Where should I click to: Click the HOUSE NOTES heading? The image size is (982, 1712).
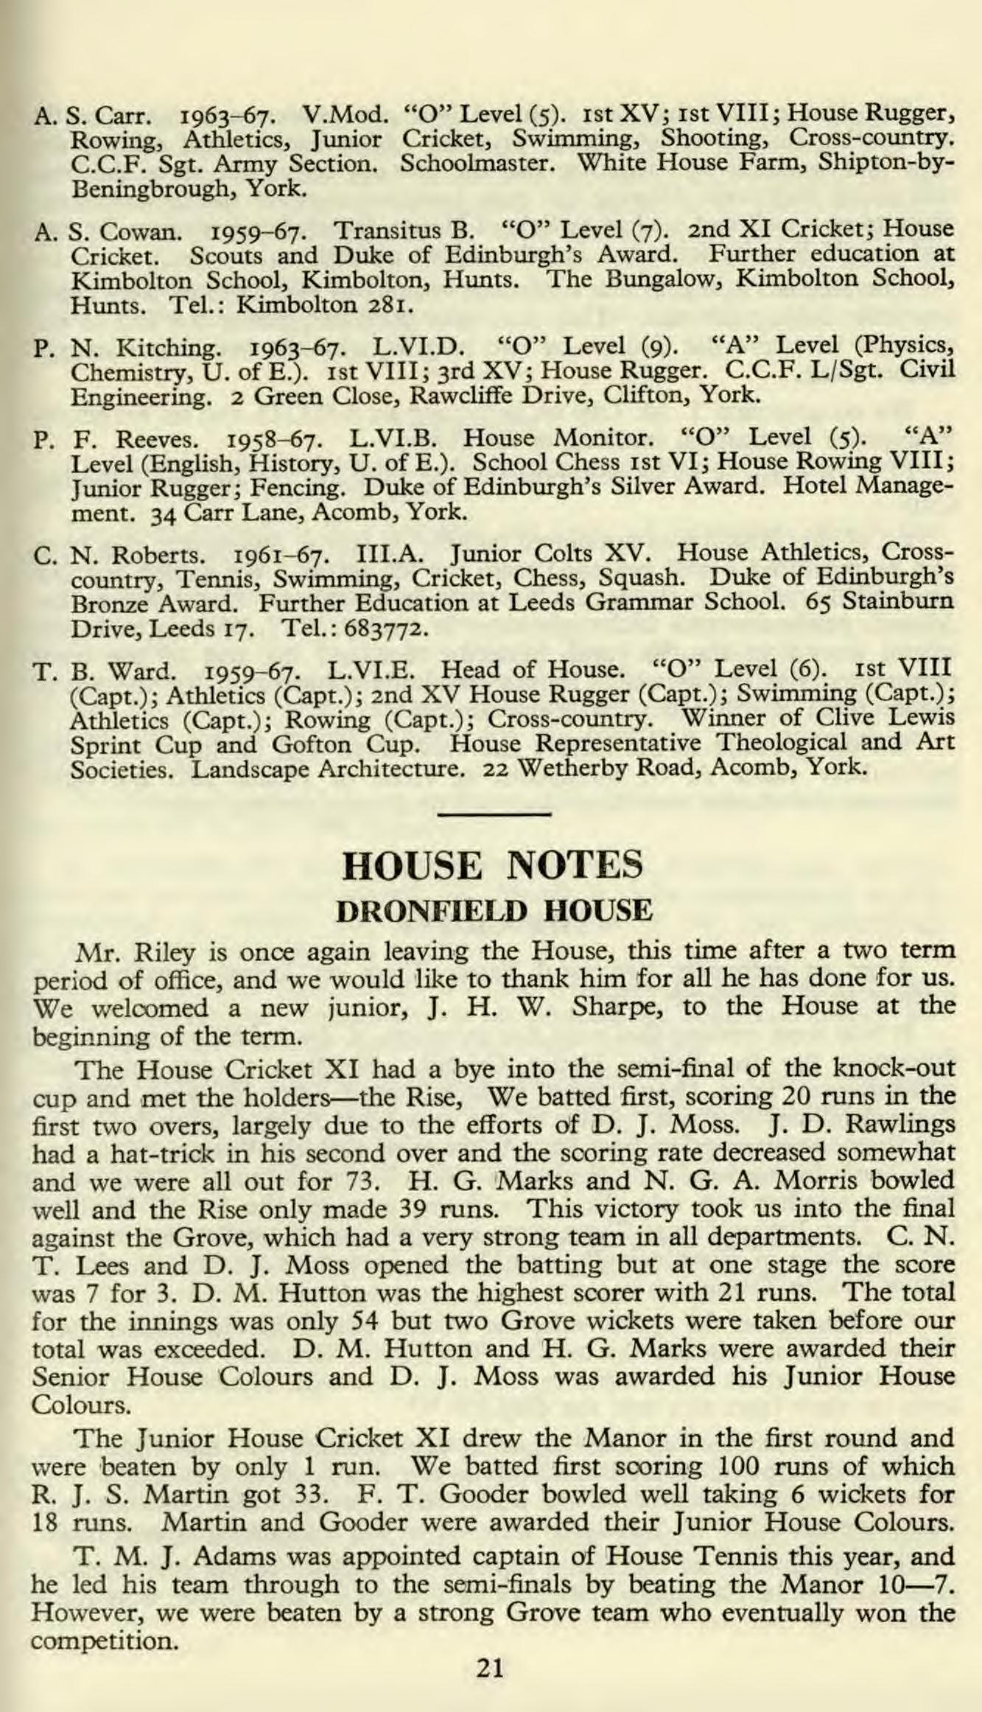[x=493, y=864]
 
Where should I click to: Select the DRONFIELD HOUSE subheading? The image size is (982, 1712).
[x=494, y=911]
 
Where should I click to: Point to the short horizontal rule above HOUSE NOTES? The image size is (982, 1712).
[x=494, y=814]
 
